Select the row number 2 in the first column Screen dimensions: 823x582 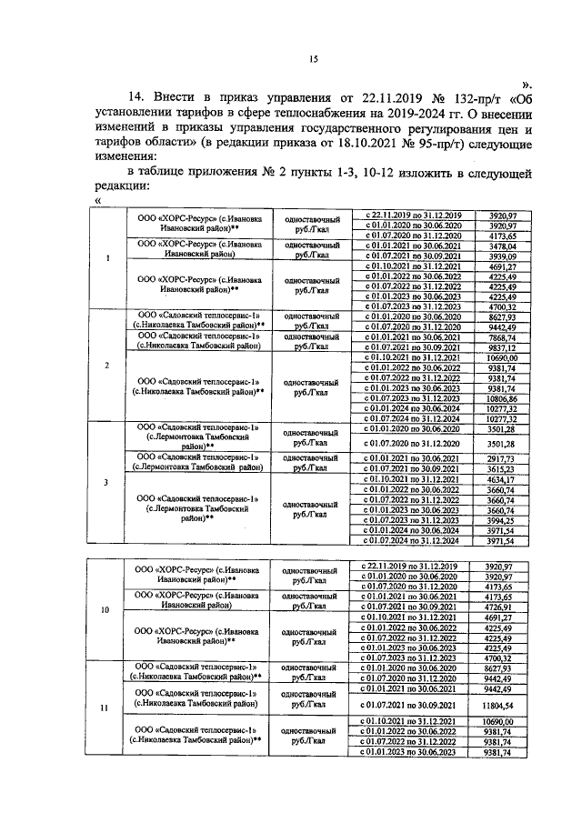(x=108, y=365)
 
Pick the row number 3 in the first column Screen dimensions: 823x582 (x=108, y=483)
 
